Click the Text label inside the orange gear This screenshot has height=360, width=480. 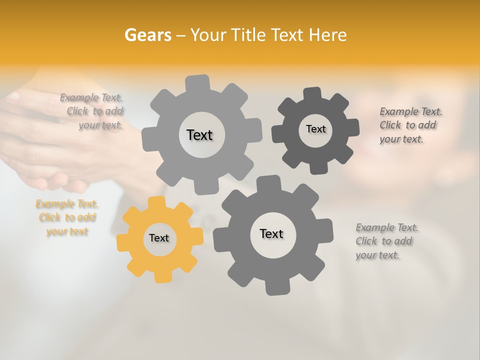coord(159,238)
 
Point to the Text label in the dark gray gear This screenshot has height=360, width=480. coord(315,129)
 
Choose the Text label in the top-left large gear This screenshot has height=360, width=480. coord(199,135)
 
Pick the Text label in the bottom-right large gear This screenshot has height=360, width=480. coord(271,233)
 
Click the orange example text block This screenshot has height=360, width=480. coord(67,217)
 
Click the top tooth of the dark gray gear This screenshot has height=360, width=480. coord(312,93)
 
